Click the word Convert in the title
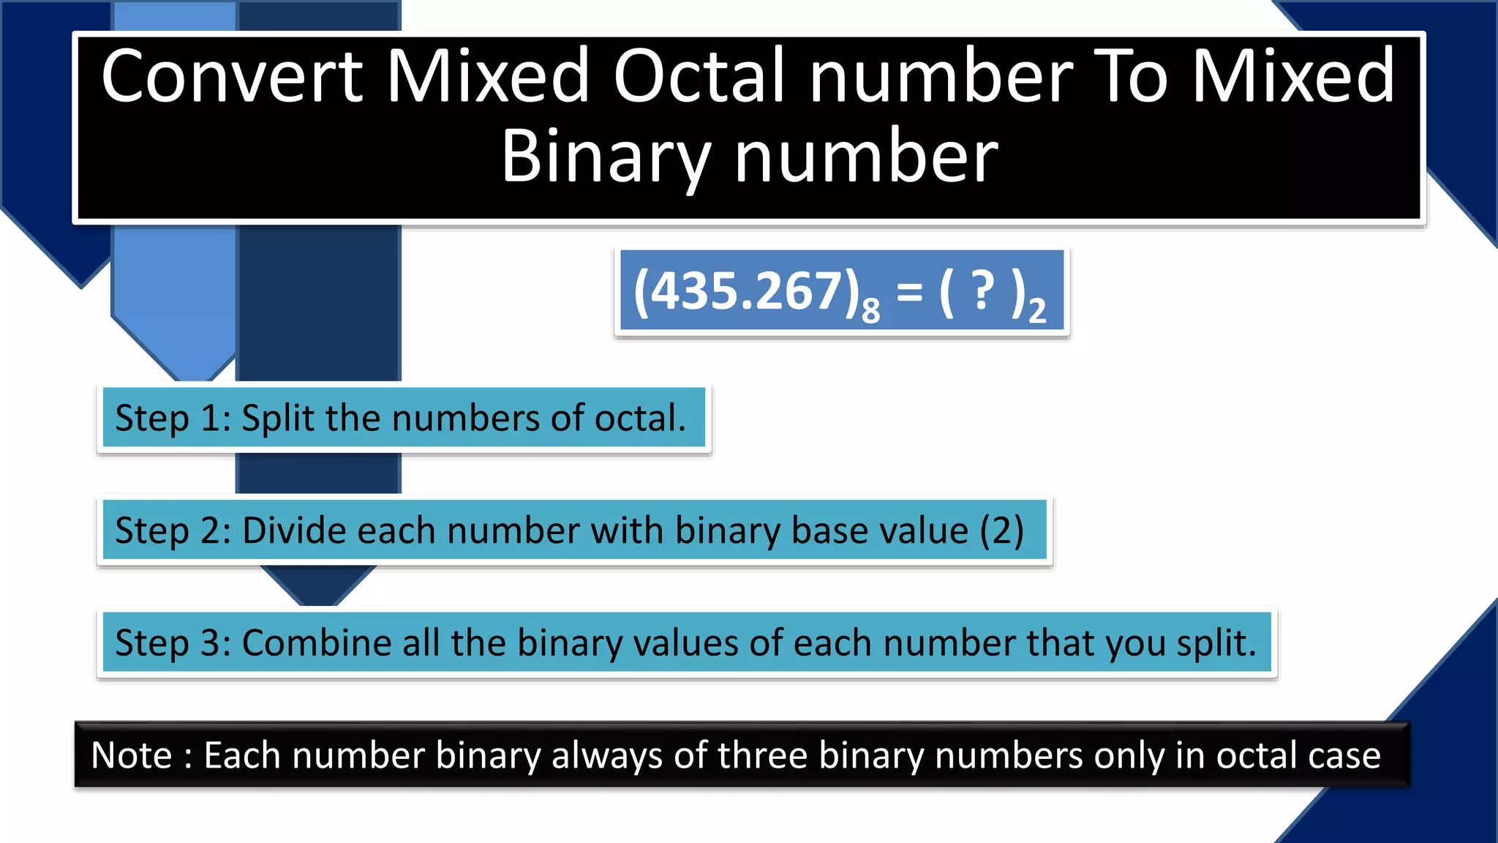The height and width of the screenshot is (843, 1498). pos(232,76)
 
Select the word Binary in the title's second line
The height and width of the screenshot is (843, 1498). pos(606,157)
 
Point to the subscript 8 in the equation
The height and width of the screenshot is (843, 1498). pos(870,311)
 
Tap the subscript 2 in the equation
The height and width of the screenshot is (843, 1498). pos(1037,311)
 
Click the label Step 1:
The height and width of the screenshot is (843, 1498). pos(173,419)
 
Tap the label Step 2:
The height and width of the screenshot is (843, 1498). pos(173,531)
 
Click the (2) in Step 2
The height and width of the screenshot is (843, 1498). pos(1001,531)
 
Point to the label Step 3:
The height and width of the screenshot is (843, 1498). pos(173,643)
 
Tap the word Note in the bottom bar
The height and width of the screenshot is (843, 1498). pos(132,755)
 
